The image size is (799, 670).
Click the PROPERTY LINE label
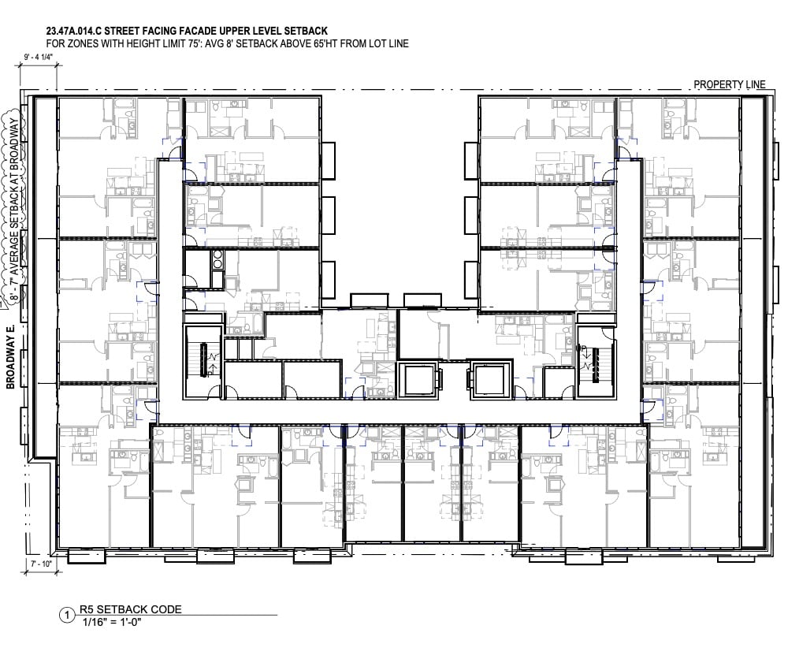point(729,84)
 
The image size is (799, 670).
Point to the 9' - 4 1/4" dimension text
point(39,57)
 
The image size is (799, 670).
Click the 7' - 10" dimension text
point(41,564)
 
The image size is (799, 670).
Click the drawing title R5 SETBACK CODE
point(130,609)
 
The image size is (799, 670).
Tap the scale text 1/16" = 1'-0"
point(111,622)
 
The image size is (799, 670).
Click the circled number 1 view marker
point(67,616)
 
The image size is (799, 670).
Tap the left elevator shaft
point(417,379)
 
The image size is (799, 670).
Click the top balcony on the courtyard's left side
point(328,161)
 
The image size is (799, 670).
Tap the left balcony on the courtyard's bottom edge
point(370,300)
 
